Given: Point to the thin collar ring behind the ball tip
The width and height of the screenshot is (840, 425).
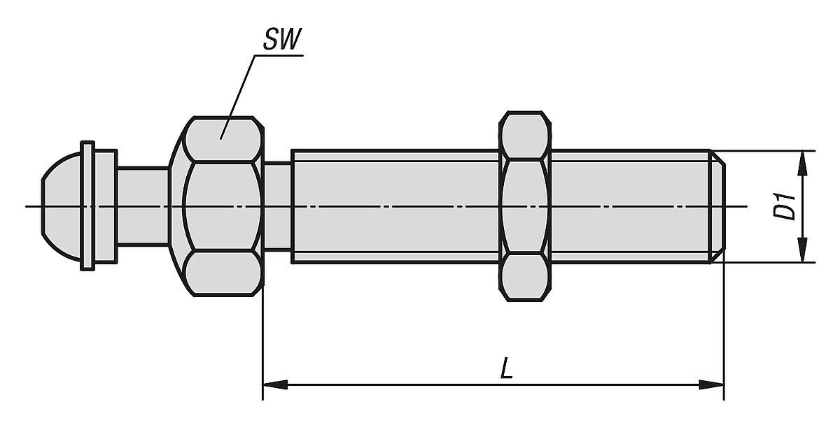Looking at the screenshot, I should click(x=87, y=206).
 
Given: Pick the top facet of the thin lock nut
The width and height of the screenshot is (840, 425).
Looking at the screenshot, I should click(x=524, y=135).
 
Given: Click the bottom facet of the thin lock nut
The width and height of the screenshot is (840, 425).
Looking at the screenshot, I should click(x=524, y=278).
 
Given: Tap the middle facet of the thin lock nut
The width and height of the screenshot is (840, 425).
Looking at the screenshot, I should click(x=524, y=206).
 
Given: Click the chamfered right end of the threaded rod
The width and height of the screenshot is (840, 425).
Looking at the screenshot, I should click(x=717, y=206).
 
